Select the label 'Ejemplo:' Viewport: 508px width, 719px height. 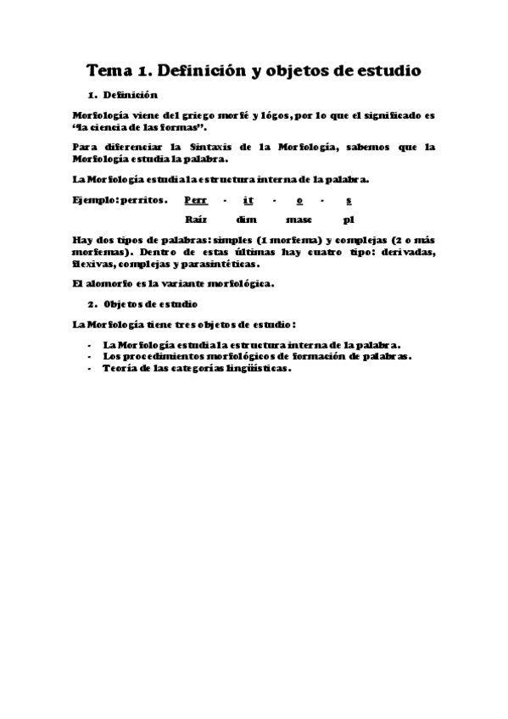94,200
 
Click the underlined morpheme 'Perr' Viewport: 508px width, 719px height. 195,200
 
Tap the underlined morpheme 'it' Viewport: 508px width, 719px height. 248,200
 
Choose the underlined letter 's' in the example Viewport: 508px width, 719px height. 349,200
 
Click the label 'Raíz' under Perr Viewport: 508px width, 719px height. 196,220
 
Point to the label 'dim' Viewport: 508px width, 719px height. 248,220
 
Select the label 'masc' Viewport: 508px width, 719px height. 299,220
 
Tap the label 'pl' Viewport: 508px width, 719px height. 349,220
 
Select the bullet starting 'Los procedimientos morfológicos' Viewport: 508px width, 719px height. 256,357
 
